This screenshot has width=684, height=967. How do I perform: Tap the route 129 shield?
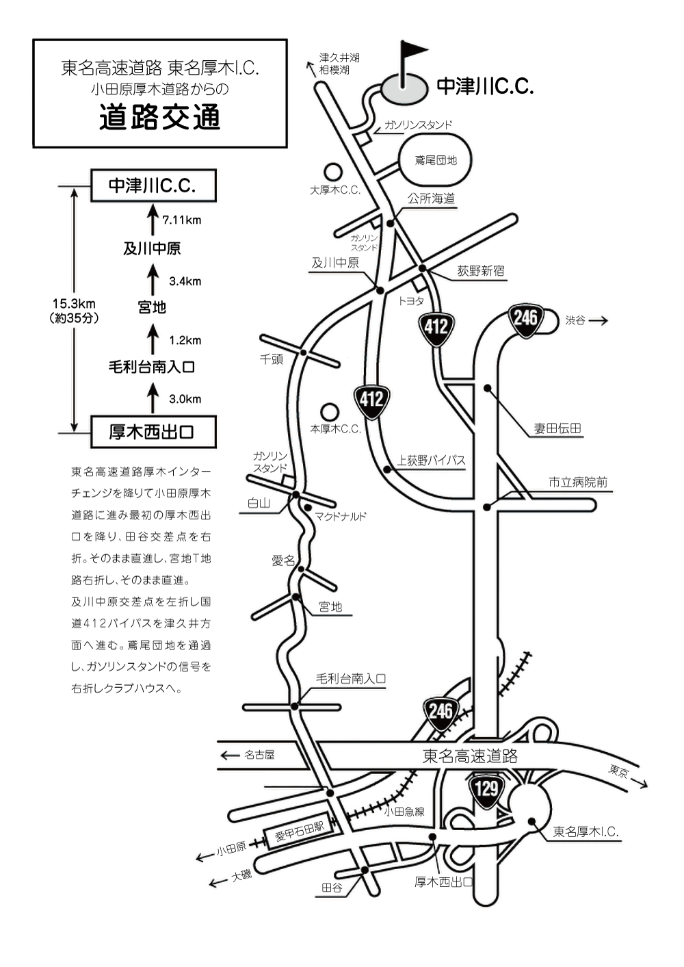[x=486, y=789]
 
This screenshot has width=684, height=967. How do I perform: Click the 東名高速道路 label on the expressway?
[x=470, y=756]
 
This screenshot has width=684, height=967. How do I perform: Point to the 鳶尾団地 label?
[x=436, y=160]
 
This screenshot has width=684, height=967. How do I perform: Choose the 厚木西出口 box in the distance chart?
[x=153, y=432]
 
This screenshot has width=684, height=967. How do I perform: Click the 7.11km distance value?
[x=181, y=220]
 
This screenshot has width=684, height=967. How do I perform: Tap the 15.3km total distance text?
[x=74, y=304]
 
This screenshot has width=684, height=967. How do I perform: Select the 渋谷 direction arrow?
[x=597, y=320]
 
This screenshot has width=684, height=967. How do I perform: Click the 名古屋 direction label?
[x=259, y=755]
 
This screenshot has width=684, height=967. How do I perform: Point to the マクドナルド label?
[x=340, y=517]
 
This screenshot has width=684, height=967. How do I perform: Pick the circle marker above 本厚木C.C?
[x=330, y=412]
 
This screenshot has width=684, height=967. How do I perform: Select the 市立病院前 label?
[x=577, y=482]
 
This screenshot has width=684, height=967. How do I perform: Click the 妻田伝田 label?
[x=557, y=429]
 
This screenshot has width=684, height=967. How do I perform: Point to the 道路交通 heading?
[x=159, y=117]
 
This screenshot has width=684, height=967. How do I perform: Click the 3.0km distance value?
[x=185, y=399]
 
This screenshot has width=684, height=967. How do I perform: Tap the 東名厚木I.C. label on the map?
[x=586, y=832]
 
